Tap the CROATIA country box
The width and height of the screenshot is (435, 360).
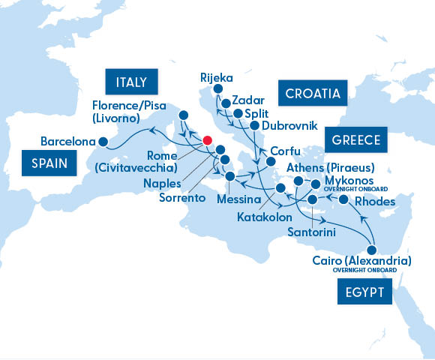(310, 94)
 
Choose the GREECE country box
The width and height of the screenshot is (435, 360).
(354, 140)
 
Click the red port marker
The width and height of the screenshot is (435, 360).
(208, 140)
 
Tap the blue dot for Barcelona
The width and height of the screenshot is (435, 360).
(103, 141)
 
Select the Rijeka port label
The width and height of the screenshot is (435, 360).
(217, 77)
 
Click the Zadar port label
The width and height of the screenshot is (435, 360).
(247, 99)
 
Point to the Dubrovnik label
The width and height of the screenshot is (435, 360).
(290, 125)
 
